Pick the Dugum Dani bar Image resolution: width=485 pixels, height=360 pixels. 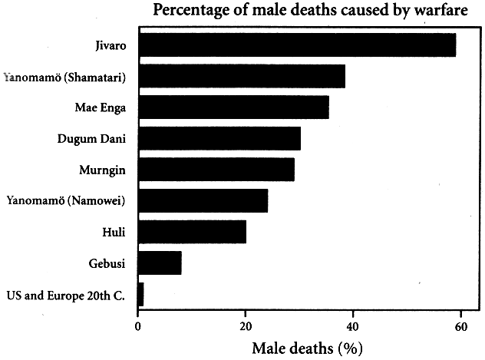219,138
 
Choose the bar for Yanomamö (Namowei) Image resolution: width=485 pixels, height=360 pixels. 203,200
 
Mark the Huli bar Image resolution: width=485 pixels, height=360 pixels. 192,231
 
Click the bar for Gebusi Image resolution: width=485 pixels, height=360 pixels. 160,263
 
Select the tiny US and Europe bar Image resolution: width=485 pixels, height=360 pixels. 140,294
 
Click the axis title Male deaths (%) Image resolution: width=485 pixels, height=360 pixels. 307,347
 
